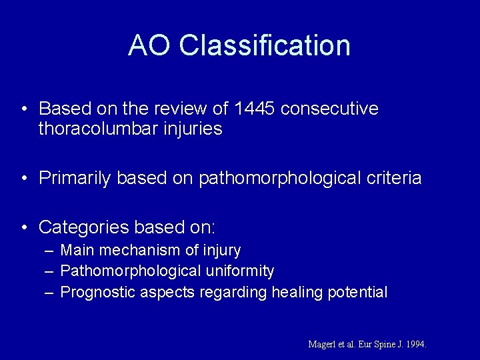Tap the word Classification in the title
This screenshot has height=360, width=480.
pyautogui.click(x=265, y=45)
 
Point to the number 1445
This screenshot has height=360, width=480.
pyautogui.click(x=253, y=108)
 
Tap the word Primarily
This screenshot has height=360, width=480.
pyautogui.click(x=75, y=178)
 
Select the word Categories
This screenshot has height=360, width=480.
pyautogui.click(x=83, y=227)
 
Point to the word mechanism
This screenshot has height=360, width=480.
pyautogui.click(x=137, y=251)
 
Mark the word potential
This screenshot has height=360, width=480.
pyautogui.click(x=357, y=292)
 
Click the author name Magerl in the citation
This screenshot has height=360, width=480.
pyautogui.click(x=323, y=345)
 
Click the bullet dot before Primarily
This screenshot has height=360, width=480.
pyautogui.click(x=23, y=179)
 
